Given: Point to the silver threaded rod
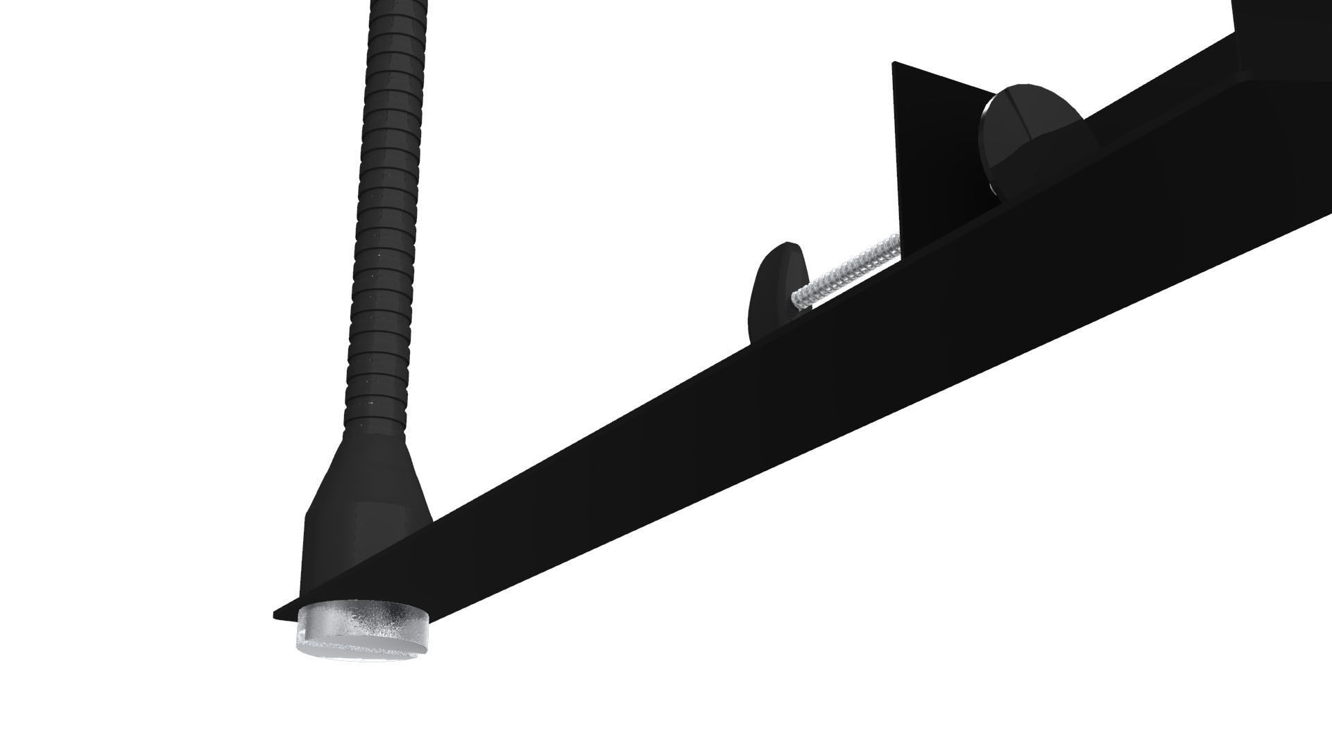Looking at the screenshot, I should (846, 274).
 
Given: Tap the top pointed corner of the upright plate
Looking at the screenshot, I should (894, 64).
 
